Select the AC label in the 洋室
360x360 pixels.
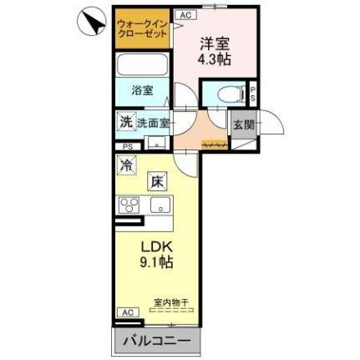tap(185, 15)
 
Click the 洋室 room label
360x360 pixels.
tap(214, 43)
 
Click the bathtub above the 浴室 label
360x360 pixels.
tap(144, 64)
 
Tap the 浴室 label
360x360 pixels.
tap(141, 90)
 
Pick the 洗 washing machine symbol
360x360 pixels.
tap(124, 121)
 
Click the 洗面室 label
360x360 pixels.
tap(154, 123)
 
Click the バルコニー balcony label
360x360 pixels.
tap(157, 341)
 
